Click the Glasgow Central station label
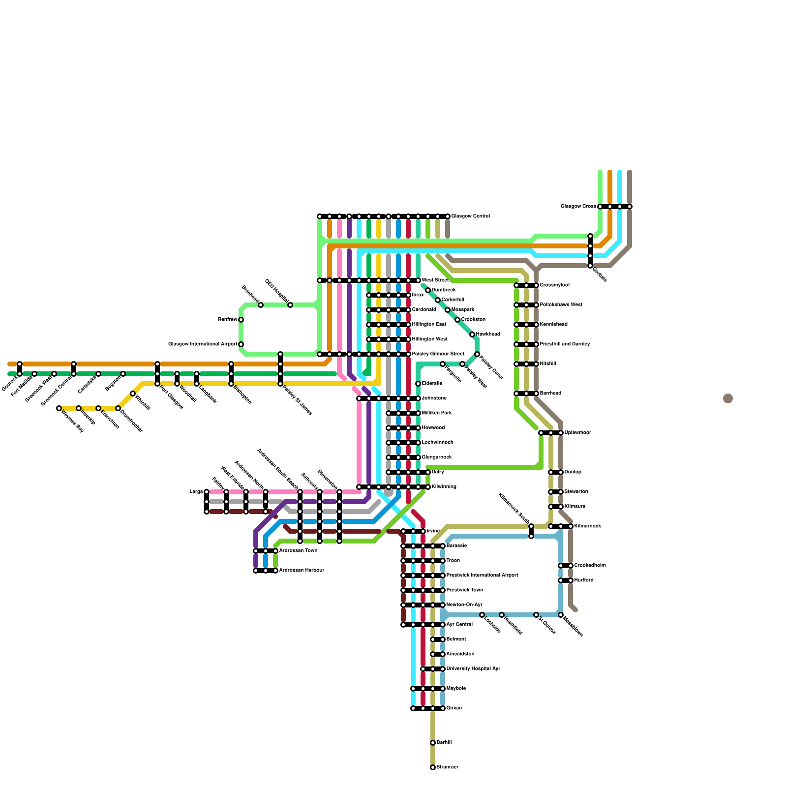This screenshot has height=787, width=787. click(470, 216)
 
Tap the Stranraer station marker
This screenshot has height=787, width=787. click(433, 767)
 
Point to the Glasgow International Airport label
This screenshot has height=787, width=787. click(203, 344)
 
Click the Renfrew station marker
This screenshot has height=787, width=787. click(241, 320)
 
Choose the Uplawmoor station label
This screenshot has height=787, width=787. click(578, 433)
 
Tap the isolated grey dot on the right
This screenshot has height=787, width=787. click(728, 398)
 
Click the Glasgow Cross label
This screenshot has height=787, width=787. click(578, 207)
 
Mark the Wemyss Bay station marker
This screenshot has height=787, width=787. click(59, 408)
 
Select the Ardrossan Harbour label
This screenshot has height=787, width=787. click(302, 571)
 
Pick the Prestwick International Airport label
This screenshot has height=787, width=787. click(482, 575)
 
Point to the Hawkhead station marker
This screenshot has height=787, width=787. click(472, 334)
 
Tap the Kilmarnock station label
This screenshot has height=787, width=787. click(588, 526)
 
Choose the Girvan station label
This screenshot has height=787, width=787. click(454, 708)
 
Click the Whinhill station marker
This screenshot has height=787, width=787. click(133, 393)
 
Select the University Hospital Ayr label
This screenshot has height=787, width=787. click(473, 669)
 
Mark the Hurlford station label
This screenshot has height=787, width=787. click(584, 580)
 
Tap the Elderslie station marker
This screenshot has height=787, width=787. click(418, 384)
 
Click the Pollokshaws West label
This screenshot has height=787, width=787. click(561, 305)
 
